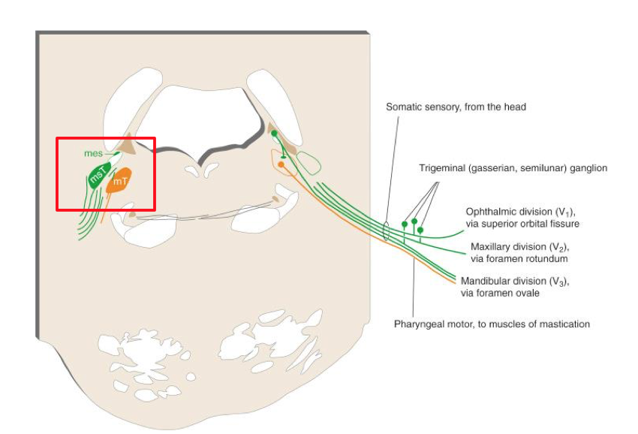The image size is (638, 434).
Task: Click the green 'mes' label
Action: click(93, 153)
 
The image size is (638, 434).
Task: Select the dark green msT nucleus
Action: click(98, 176)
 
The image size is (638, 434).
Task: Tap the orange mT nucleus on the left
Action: click(119, 181)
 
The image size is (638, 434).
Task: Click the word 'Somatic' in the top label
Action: click(404, 107)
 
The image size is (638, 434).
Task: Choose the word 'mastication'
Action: click(564, 324)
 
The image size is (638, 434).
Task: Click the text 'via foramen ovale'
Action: click(501, 293)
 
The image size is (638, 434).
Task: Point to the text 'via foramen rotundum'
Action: click(519, 258)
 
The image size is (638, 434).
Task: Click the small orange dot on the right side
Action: click(281, 164)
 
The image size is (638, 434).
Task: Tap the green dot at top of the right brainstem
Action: click(275, 134)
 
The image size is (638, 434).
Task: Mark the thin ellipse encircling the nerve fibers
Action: click(386, 231)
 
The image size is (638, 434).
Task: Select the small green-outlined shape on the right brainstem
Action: click(308, 161)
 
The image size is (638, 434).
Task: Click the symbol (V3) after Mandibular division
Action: click(557, 282)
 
